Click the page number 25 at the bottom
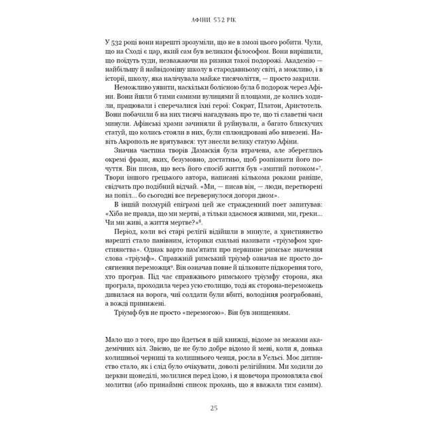(x=214, y=408)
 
